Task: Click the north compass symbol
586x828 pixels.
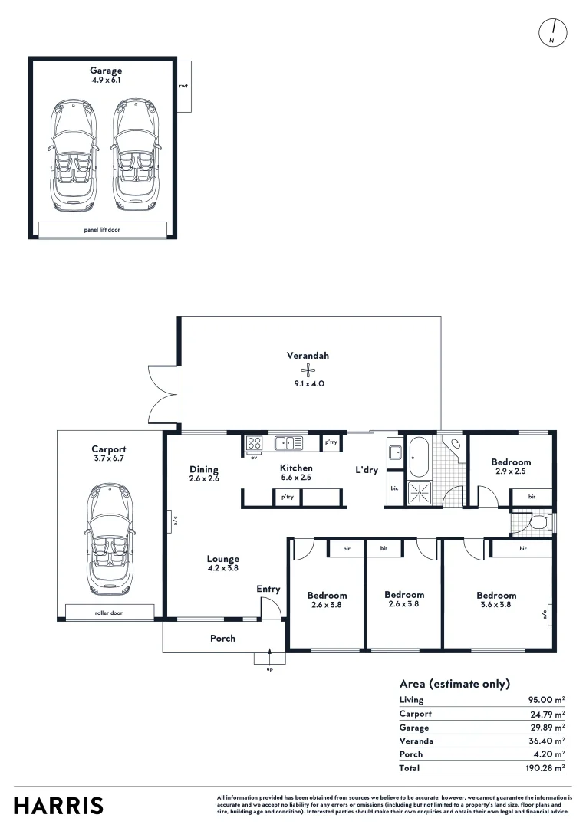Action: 552,31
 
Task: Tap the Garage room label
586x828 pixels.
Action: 106,71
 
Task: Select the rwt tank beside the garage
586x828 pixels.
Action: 183,87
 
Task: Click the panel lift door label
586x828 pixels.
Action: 102,229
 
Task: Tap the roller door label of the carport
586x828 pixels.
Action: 109,613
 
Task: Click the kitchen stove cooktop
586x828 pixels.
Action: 255,442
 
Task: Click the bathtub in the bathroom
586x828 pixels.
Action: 420,457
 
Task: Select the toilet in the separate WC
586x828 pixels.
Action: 538,523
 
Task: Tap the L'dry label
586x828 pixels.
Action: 367,470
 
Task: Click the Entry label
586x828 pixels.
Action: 268,589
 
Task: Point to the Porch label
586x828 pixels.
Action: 223,638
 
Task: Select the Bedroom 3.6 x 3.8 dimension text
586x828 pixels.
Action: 496,604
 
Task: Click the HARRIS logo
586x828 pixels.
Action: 58,806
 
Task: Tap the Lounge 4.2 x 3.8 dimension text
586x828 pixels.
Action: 222,568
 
